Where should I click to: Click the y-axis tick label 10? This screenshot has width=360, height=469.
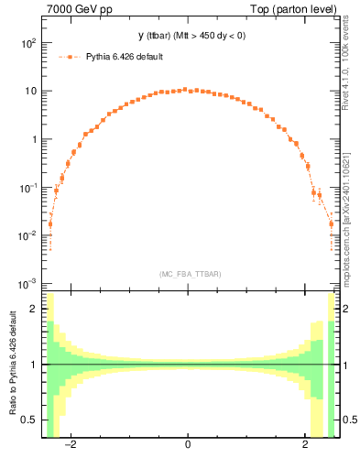(30, 92)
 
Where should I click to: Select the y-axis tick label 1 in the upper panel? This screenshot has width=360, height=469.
(34, 139)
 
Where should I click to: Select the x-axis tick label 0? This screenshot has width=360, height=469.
(187, 445)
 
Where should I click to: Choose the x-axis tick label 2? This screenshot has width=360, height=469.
(306, 445)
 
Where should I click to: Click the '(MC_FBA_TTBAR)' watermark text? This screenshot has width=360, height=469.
(187, 274)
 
